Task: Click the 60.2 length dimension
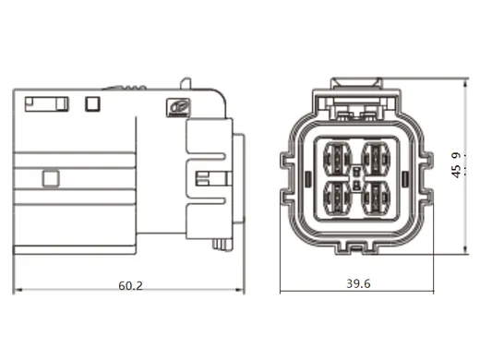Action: [131, 285]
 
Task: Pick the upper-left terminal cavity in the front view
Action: [338, 155]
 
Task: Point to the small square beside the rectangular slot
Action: [91, 103]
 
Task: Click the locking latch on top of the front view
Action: [357, 91]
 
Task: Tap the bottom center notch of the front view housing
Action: [357, 246]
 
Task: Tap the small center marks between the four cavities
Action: [358, 174]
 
